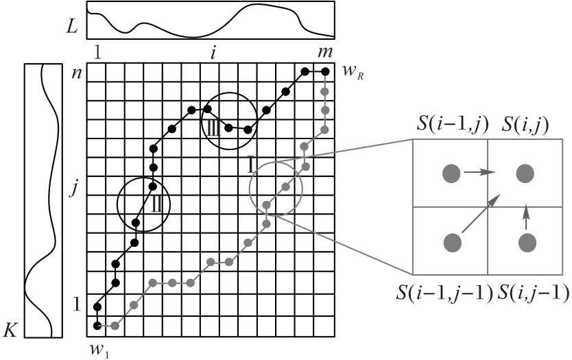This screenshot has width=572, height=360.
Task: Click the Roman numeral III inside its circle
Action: pyautogui.click(x=210, y=126)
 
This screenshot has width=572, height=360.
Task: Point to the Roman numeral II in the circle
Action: pyautogui.click(x=156, y=202)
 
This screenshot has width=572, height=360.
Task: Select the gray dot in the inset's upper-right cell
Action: pyautogui.click(x=526, y=173)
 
